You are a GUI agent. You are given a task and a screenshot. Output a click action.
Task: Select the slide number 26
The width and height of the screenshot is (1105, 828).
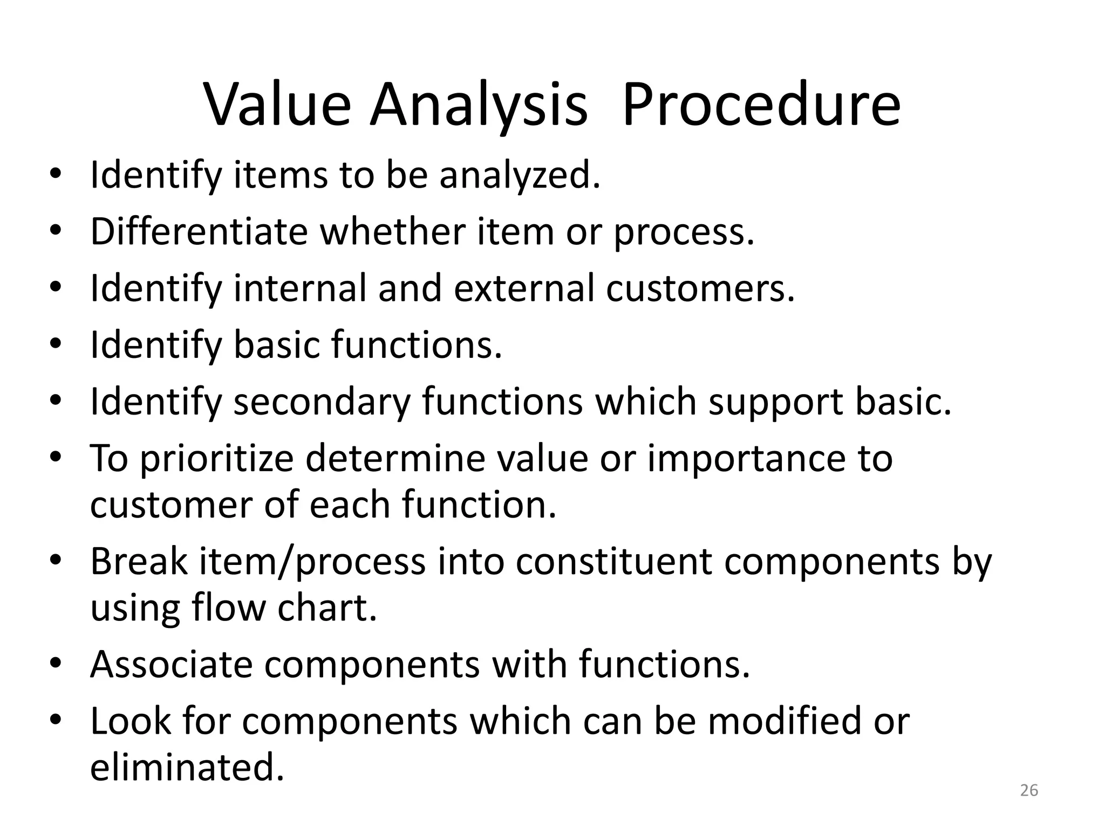click(1029, 790)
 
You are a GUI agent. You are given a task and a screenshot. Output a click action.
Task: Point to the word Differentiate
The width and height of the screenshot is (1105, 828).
click(199, 232)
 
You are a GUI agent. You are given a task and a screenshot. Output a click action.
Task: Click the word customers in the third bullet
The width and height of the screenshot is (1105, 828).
click(700, 288)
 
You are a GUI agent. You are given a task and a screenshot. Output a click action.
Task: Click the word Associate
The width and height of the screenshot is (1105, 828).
click(171, 664)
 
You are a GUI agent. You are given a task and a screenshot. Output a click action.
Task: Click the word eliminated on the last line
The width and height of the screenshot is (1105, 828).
click(186, 768)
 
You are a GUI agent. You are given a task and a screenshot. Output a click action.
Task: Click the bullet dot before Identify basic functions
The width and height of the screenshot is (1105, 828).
click(56, 344)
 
